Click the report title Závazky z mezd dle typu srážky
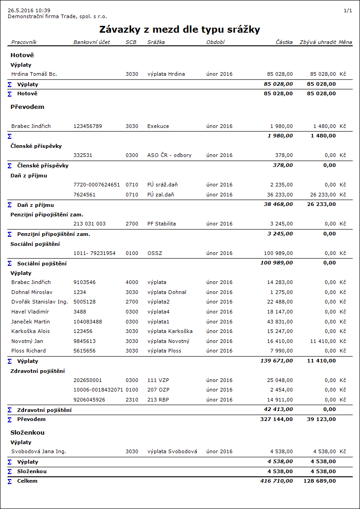180,29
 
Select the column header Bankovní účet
92,42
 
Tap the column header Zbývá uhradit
317,42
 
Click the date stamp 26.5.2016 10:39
29,10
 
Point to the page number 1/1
348,10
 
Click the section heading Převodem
27,107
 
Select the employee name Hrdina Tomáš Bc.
34,73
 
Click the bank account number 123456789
88,126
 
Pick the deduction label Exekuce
158,126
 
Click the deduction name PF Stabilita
161,224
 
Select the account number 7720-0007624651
97,185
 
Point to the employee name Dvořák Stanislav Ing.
39,302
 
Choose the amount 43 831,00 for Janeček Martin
280,322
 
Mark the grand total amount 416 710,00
277,480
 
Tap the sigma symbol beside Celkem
10,481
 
